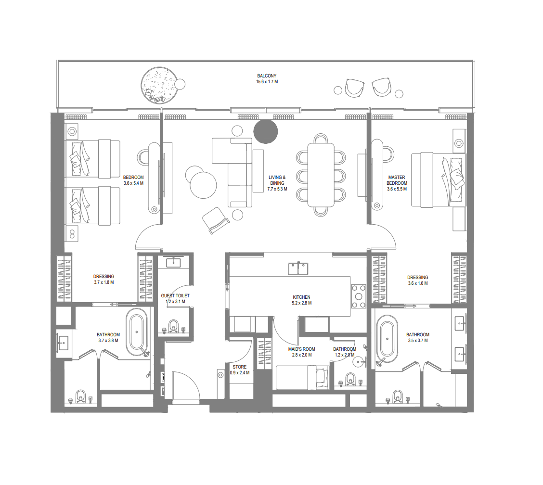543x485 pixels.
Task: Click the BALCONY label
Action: (267, 76)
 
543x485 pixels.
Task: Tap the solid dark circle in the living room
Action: (266, 131)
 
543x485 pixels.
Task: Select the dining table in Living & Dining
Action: (321, 175)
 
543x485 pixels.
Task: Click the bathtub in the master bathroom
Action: (387, 339)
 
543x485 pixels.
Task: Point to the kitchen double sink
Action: (298, 268)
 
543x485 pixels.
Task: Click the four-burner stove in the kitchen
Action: (359, 296)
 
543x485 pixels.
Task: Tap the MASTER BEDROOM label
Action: (397, 180)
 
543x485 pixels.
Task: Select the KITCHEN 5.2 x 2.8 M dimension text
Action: (302, 303)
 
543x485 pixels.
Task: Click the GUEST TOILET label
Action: (175, 295)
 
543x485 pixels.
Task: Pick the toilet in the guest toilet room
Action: (173, 326)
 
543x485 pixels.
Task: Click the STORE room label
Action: (240, 367)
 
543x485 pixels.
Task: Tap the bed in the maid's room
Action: (302, 377)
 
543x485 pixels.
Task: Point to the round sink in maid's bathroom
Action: (359, 362)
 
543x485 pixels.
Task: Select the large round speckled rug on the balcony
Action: (159, 86)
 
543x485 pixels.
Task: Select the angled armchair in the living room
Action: (215, 220)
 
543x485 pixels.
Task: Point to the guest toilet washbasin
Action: (173, 262)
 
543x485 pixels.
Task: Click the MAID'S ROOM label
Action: (302, 349)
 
